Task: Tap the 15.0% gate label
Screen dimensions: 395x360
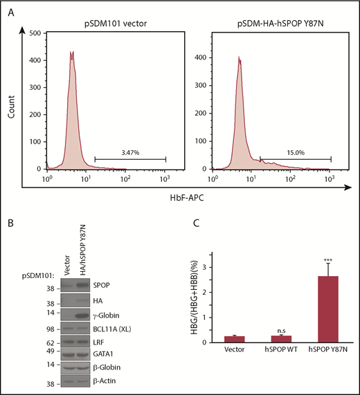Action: (x=294, y=152)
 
